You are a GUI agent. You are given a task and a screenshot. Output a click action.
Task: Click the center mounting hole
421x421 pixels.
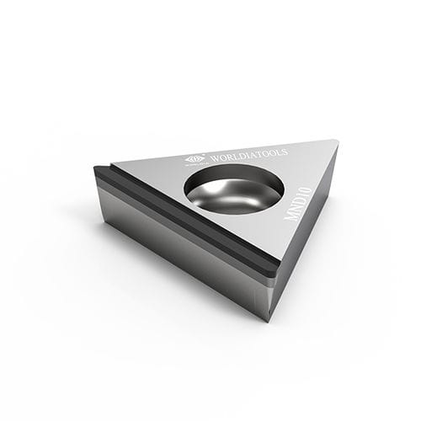click(x=233, y=189)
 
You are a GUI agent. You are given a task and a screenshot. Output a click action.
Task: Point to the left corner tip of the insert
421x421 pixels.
click(x=96, y=168)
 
